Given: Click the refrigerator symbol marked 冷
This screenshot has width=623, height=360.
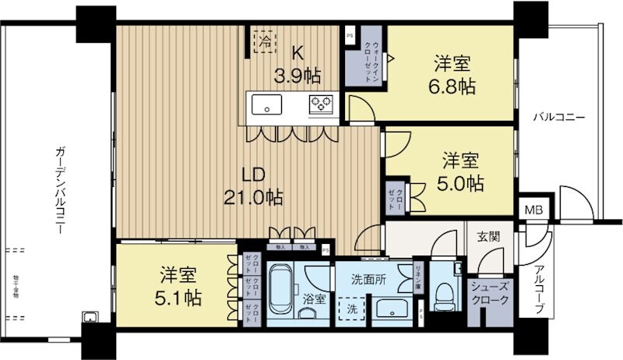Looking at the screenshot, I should click(x=266, y=40).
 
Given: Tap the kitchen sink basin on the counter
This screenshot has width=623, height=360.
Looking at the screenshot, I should click(x=266, y=104).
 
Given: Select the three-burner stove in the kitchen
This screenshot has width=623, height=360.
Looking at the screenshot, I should click(x=320, y=104).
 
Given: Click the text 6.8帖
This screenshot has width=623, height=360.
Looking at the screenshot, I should click(x=452, y=87).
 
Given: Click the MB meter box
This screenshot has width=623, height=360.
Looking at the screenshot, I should click(x=533, y=210).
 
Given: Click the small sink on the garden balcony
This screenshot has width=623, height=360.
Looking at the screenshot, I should click(x=90, y=316).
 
